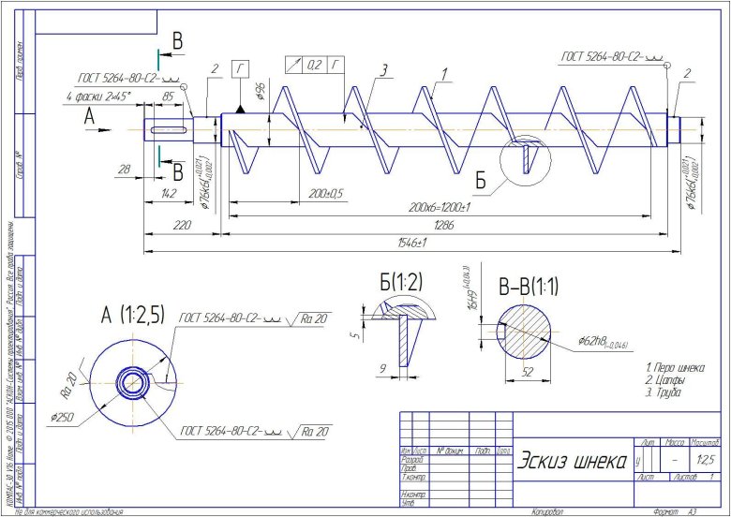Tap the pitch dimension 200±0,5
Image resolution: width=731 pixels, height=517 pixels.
[x=324, y=193]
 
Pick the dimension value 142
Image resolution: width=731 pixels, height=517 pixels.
[x=169, y=193]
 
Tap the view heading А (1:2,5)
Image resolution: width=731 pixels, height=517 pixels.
[x=132, y=316]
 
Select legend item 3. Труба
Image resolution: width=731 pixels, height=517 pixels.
[x=662, y=393]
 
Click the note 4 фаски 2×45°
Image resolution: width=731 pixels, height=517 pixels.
[x=98, y=96]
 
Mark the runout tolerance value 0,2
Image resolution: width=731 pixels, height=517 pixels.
[x=314, y=65]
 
